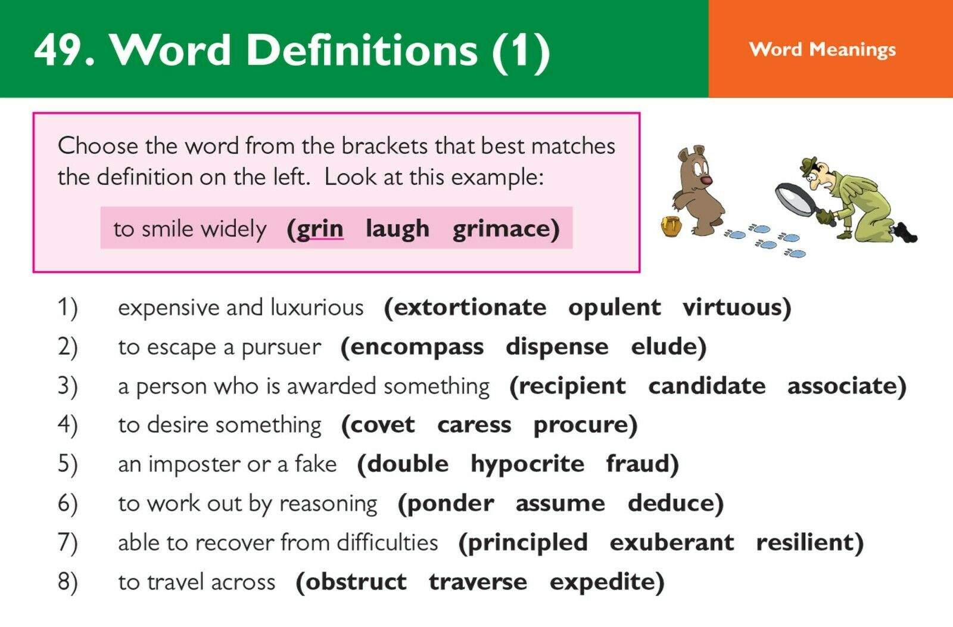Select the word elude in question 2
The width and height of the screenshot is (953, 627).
664,346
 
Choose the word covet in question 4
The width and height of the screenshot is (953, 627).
382,425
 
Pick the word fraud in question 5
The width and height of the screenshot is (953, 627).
638,464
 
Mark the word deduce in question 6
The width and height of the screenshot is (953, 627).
671,502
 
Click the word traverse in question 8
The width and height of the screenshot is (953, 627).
478,582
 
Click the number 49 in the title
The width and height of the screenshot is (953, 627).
57,50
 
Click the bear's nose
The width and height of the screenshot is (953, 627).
706,181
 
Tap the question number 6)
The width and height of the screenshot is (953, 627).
68,504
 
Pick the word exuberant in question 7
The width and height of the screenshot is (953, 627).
672,542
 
